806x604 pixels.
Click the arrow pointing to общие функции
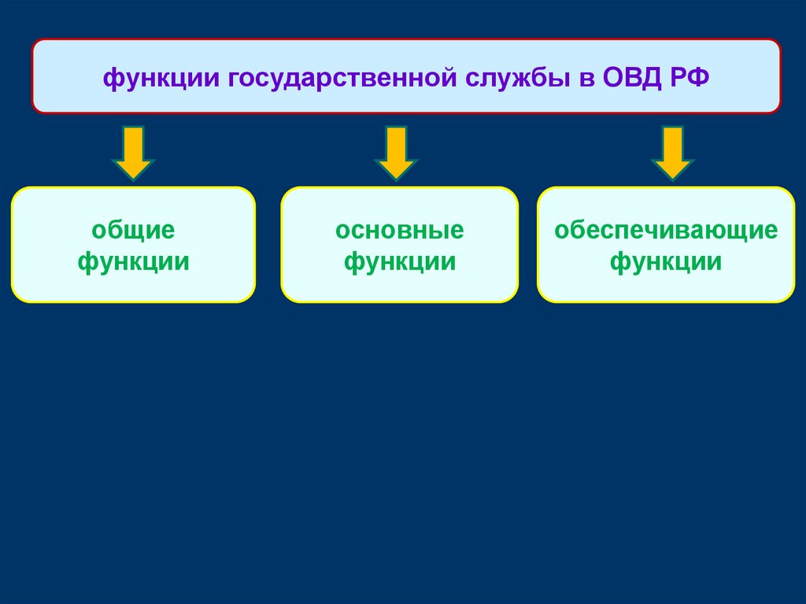coord(133,153)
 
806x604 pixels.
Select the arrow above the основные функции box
coord(396,153)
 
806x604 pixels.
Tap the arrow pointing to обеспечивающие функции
coord(671,153)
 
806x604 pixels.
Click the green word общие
coord(133,232)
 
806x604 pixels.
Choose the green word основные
coord(399,232)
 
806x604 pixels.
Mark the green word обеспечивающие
coord(666,232)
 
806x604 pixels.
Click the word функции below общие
coord(133,261)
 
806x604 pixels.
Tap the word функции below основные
coord(399,261)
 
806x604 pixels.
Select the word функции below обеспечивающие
coord(666,261)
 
